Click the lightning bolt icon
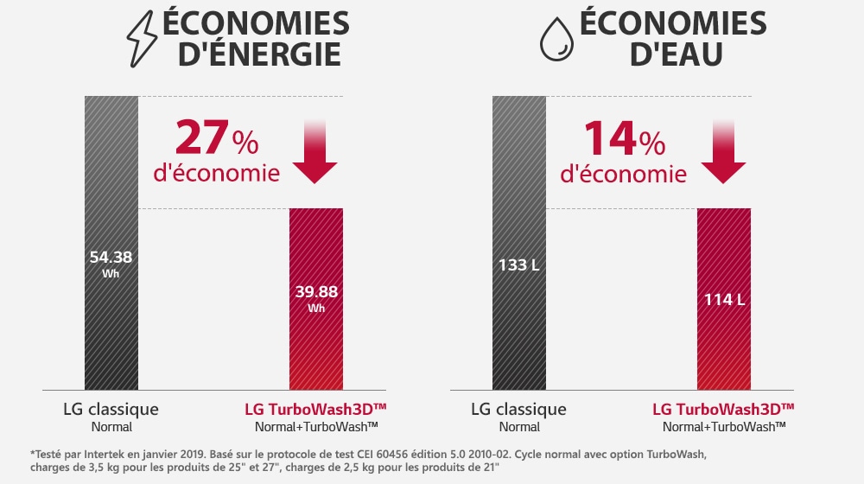tap(142, 40)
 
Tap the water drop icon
tap(556, 40)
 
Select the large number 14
tap(610, 138)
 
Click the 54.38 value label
tap(111, 258)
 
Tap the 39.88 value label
tap(315, 290)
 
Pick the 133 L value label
tap(518, 264)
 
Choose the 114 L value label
tap(723, 300)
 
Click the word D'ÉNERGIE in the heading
tap(258, 55)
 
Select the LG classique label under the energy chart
tap(111, 409)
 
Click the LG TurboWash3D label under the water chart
tap(723, 409)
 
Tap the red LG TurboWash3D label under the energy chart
tap(315, 409)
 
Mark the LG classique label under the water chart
tap(518, 409)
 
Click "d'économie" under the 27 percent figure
tap(216, 173)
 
